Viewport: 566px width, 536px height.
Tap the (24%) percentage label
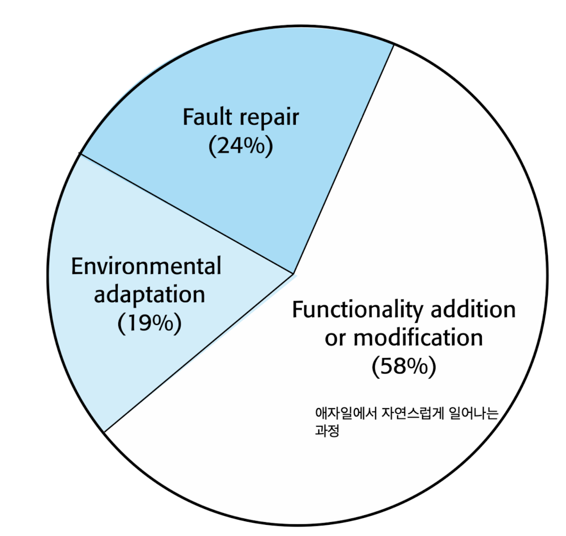point(241,145)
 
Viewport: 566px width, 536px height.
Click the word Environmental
point(146,266)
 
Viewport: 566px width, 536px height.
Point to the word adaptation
point(149,294)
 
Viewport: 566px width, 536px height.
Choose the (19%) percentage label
point(149,323)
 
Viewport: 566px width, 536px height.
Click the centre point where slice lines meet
point(294,274)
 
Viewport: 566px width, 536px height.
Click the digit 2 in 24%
point(222,146)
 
